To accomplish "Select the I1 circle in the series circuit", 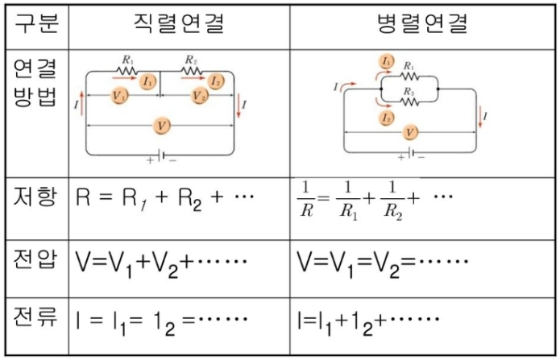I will click(x=147, y=81).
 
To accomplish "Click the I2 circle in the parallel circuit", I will click(x=387, y=118).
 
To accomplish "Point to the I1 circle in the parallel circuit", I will click(x=387, y=61).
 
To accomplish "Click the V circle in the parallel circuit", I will click(x=411, y=131).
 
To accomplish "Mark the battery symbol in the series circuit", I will click(x=161, y=154).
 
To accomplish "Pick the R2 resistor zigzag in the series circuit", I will click(x=192, y=71).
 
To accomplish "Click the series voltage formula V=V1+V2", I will click(x=161, y=263).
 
